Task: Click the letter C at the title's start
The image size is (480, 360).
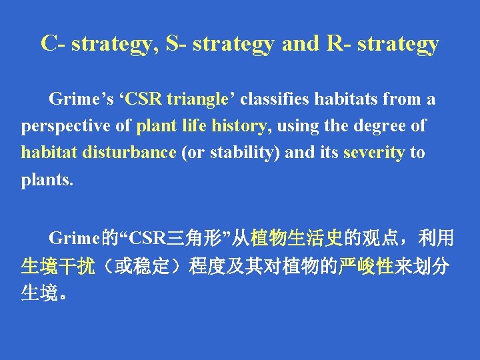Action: [x=49, y=43]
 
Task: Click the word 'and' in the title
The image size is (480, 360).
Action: [x=301, y=43]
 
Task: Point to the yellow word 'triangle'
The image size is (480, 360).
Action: [x=198, y=100]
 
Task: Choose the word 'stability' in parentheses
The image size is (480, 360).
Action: [x=244, y=153]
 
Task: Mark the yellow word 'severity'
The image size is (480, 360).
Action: [x=373, y=153]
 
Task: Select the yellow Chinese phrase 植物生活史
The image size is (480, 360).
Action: [x=297, y=238]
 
